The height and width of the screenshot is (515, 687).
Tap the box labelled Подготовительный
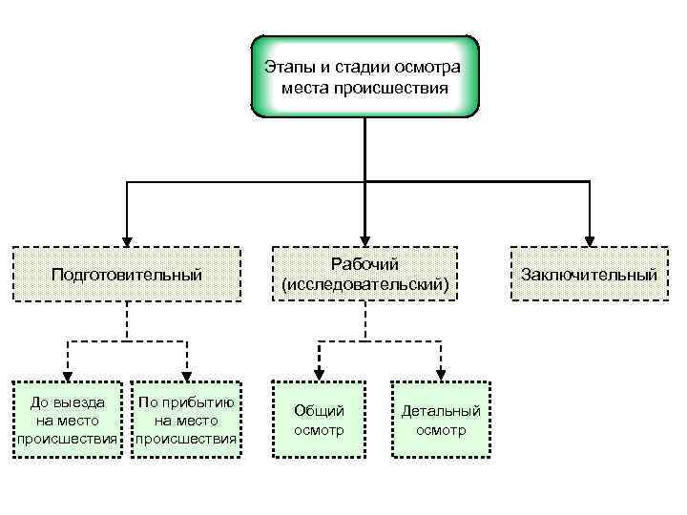[126, 275]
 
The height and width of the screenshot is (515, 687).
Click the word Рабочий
[364, 264]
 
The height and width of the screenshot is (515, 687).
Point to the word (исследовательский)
[364, 284]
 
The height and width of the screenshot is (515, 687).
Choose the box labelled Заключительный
[589, 275]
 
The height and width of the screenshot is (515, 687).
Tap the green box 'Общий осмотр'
[319, 420]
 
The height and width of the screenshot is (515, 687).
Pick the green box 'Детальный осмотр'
[441, 420]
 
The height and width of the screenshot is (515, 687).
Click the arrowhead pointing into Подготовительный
[126, 242]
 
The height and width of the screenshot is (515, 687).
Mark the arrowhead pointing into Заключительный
[589, 242]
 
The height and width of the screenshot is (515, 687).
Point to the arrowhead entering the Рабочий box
[364, 242]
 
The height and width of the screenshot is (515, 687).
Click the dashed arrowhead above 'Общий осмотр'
[319, 374]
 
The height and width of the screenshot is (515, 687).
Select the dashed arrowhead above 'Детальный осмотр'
[441, 374]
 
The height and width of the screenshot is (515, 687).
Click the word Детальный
[441, 411]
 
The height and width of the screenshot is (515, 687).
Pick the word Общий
[319, 411]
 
